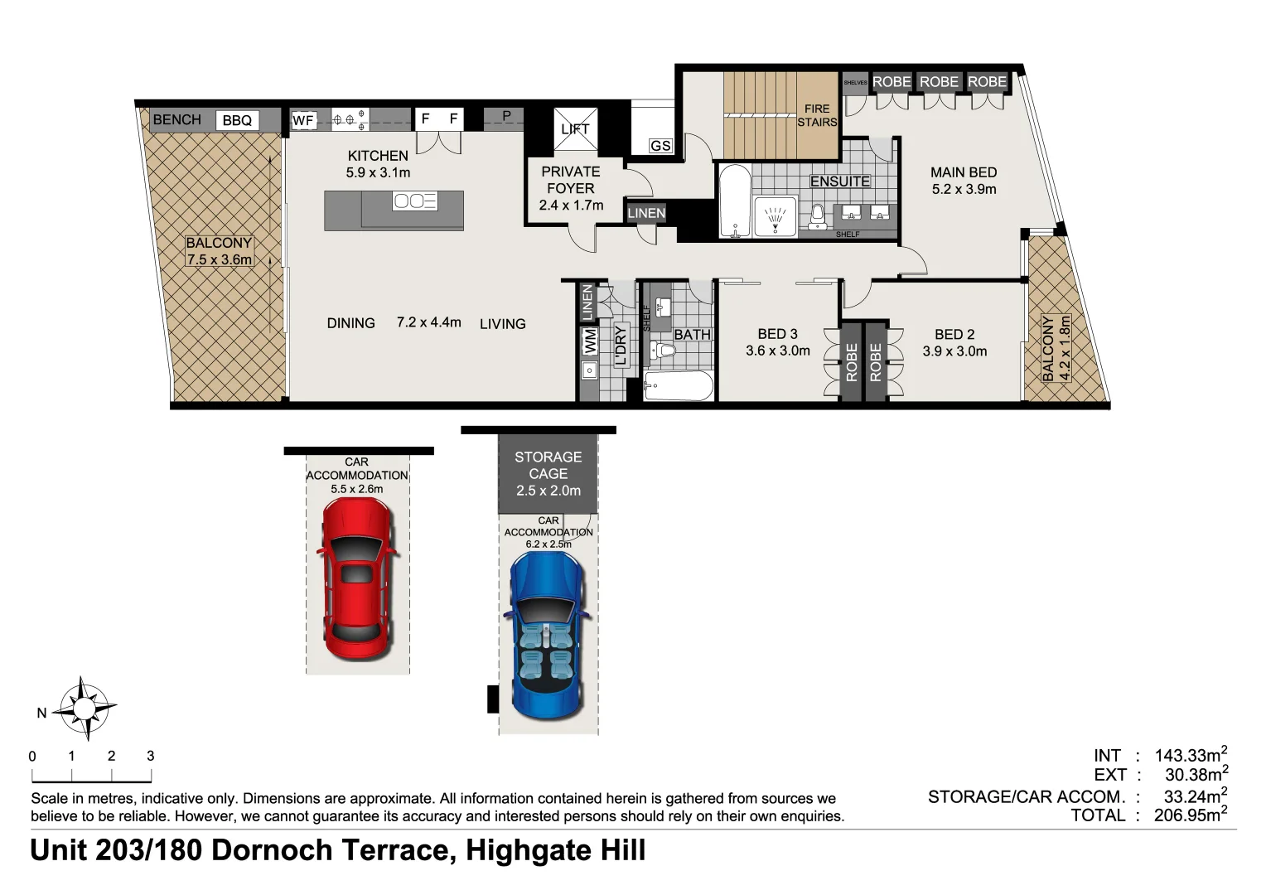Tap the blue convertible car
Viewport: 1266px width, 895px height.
548,635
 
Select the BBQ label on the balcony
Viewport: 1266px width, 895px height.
237,121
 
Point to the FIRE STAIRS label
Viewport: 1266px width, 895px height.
817,115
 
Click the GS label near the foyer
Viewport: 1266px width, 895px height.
660,146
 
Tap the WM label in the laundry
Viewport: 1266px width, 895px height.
590,341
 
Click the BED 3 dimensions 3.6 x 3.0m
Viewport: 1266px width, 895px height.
777,351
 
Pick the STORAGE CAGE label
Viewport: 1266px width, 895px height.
548,465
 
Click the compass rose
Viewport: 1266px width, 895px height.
84,709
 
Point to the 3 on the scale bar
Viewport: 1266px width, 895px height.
151,756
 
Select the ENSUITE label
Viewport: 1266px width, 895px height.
839,181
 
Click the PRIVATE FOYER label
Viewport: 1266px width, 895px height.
570,180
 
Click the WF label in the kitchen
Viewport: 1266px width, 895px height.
303,121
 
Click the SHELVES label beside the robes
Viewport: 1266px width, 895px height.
855,83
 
